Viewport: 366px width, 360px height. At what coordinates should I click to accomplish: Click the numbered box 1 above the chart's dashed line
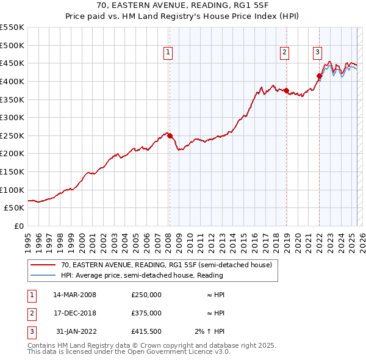click(167, 53)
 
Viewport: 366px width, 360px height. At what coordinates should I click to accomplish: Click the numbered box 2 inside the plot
click(284, 53)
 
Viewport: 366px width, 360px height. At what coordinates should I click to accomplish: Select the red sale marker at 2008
click(170, 135)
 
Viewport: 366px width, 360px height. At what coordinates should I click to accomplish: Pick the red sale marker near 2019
click(286, 90)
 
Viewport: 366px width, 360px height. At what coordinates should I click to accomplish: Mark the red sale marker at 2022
click(319, 76)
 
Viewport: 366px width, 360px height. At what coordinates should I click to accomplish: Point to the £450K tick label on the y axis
click(12, 63)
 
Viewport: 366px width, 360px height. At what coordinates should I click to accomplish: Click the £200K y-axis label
click(12, 154)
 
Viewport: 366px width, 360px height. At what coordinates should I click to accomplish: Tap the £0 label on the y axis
click(18, 226)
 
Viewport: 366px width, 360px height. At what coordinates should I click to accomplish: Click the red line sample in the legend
click(43, 265)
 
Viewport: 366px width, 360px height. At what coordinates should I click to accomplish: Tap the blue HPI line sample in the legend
click(43, 275)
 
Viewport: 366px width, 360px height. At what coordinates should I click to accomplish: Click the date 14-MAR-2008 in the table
click(75, 295)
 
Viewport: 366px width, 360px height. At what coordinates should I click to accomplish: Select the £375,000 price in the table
click(146, 313)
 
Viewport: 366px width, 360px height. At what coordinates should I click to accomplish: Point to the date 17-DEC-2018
click(75, 313)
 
